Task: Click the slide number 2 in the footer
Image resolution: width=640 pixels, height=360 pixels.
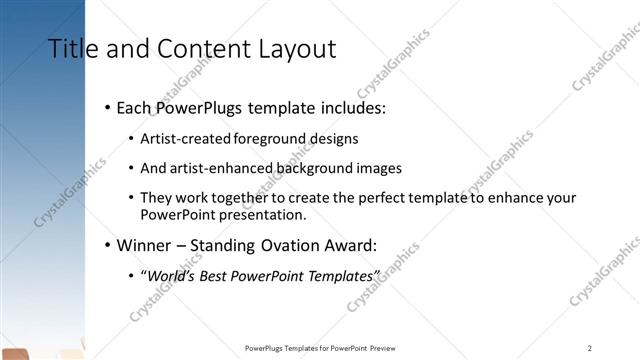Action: coord(590,348)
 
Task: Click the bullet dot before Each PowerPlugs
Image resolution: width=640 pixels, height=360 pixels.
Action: coord(107,107)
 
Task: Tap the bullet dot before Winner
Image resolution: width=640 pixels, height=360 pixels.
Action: coord(107,245)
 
